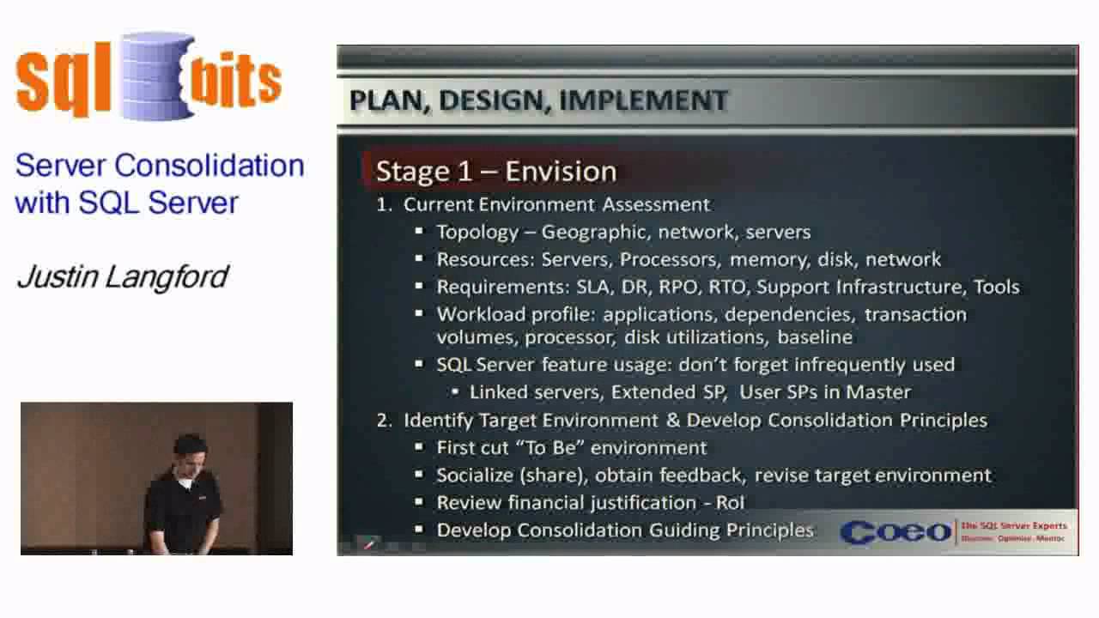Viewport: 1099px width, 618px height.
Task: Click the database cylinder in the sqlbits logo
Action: pyautogui.click(x=158, y=77)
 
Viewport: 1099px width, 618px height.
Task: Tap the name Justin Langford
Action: pyautogui.click(x=122, y=276)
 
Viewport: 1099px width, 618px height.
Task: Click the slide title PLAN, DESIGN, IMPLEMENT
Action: pyautogui.click(x=538, y=100)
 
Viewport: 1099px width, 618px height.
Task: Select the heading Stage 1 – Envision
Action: pyautogui.click(x=496, y=171)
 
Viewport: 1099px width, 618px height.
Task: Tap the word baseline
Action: pyautogui.click(x=815, y=337)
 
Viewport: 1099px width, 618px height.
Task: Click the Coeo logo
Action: pyautogui.click(x=896, y=532)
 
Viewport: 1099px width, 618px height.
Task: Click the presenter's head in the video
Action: pyautogui.click(x=187, y=449)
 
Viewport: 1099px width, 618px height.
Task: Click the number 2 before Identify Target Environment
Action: pyautogui.click(x=383, y=420)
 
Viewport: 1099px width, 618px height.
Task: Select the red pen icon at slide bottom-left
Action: pyautogui.click(x=369, y=544)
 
